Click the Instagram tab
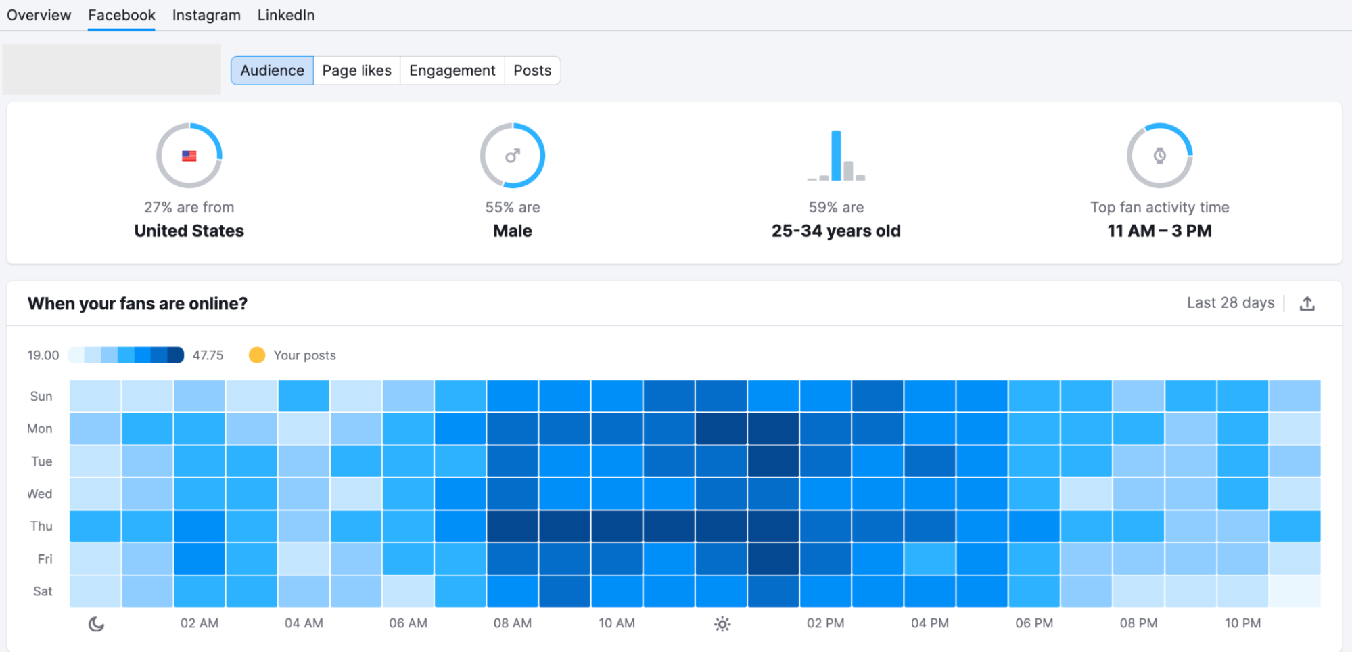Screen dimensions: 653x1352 (x=206, y=15)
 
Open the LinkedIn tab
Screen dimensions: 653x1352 (x=285, y=15)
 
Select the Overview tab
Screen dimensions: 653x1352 (x=39, y=15)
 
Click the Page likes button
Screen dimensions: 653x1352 (x=356, y=70)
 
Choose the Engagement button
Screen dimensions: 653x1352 (x=452, y=70)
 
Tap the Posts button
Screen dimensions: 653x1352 (x=532, y=70)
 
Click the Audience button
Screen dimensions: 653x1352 (x=272, y=70)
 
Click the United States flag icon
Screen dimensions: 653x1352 (x=189, y=156)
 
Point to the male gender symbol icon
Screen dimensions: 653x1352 (x=513, y=156)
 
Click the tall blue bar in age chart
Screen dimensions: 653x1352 (x=836, y=156)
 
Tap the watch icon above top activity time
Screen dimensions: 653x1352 (x=1159, y=156)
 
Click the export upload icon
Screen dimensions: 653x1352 (x=1307, y=304)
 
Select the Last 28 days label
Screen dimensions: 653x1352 (x=1230, y=303)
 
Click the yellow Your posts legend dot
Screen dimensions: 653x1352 (x=257, y=355)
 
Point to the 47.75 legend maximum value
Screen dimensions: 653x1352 (x=208, y=355)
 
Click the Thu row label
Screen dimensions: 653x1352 (x=41, y=526)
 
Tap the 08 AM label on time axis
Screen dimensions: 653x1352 (x=512, y=623)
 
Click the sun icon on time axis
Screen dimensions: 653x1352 (x=722, y=624)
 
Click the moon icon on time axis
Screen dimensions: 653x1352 (x=96, y=624)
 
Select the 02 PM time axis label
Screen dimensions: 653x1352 (x=825, y=623)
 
